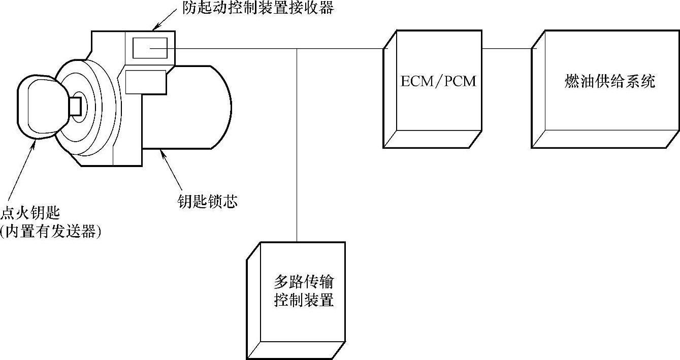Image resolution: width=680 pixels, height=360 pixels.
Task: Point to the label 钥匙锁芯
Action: click(205, 202)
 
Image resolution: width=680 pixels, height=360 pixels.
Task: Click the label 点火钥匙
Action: click(30, 213)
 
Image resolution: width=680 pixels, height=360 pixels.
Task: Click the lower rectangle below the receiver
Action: click(146, 82)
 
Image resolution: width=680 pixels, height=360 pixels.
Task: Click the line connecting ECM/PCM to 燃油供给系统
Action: click(507, 49)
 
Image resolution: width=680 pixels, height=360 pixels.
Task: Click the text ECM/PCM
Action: click(438, 81)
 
